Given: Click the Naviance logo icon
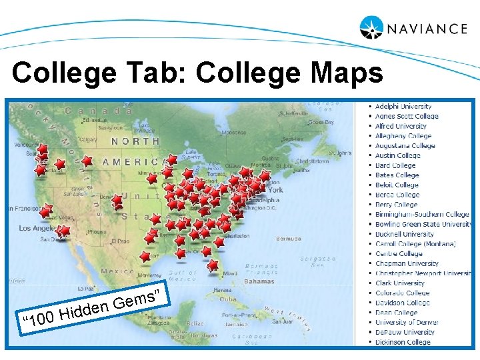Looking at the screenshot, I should click(x=371, y=27).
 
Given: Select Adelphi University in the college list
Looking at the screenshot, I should click(x=403, y=106).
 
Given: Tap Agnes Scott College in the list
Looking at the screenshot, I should click(x=407, y=116).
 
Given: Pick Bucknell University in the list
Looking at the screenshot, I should click(x=404, y=234).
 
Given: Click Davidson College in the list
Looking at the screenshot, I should click(x=402, y=303).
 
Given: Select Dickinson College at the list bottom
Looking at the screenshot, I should click(x=403, y=342).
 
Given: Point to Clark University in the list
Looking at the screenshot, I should click(x=399, y=283).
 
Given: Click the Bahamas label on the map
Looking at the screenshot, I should click(x=259, y=281).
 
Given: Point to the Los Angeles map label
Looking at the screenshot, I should click(x=34, y=228).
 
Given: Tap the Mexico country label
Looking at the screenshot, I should click(x=117, y=271).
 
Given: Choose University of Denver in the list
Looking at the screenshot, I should click(x=407, y=322).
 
